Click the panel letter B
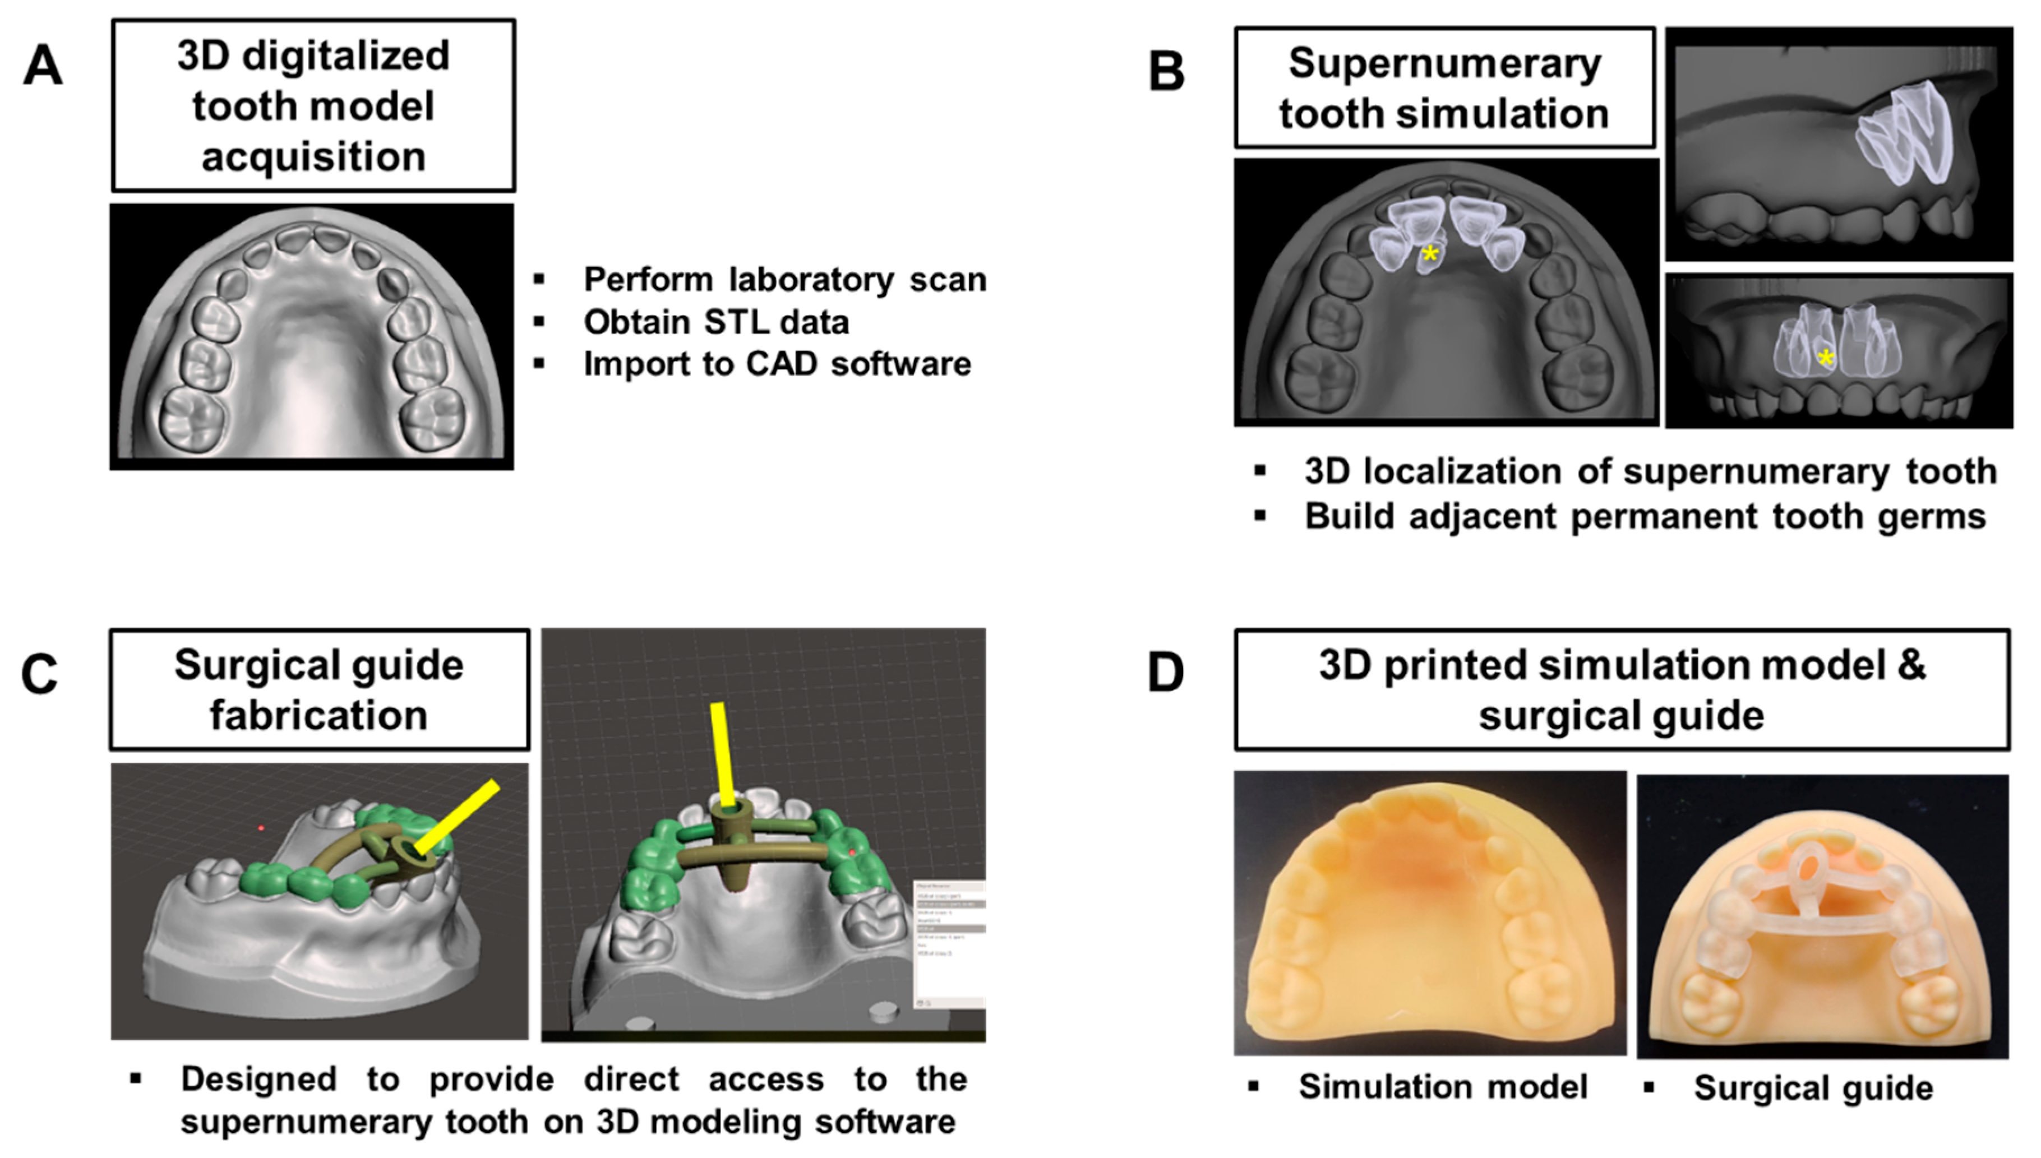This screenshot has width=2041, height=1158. [x=1166, y=72]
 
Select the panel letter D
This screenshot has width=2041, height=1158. [x=1166, y=673]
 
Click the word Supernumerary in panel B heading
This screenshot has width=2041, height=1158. [x=1444, y=64]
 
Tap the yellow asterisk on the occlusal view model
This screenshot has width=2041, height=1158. [x=1429, y=255]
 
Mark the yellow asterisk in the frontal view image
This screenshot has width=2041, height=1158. [x=1826, y=359]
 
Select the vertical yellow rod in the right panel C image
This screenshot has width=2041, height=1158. [x=723, y=752]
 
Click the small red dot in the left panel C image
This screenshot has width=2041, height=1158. [x=261, y=829]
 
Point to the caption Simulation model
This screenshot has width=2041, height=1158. [x=1442, y=1086]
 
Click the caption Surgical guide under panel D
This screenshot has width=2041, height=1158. [x=1813, y=1088]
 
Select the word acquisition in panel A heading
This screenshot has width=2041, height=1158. [x=313, y=157]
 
